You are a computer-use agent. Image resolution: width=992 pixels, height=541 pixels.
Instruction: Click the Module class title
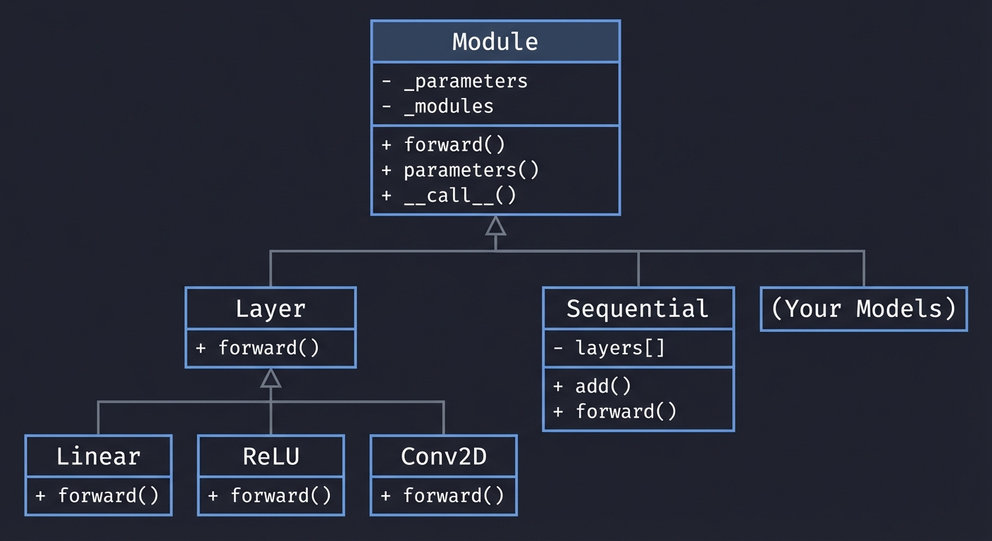click(495, 42)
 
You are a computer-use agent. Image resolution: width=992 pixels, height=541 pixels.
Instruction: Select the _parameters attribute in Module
click(465, 81)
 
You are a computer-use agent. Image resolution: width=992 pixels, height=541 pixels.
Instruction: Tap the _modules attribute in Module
click(448, 106)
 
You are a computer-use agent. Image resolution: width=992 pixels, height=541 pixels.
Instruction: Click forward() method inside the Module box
click(454, 144)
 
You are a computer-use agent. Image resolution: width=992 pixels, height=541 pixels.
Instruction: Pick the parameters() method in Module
click(471, 170)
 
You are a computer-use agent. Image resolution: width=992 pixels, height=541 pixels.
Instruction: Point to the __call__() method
click(459, 195)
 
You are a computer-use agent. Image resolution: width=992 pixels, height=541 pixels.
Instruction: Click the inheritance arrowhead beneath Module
click(495, 225)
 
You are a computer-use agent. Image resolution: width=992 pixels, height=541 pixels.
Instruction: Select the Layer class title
click(271, 309)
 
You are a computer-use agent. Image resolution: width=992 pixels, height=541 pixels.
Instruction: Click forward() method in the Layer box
click(268, 347)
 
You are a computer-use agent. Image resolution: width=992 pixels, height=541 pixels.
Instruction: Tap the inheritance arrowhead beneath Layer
click(271, 378)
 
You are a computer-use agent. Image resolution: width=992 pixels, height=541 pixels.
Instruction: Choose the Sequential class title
click(638, 309)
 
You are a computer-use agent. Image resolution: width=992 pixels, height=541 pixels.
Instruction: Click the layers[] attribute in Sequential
click(619, 347)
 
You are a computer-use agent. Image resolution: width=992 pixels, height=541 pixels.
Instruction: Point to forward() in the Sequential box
click(626, 411)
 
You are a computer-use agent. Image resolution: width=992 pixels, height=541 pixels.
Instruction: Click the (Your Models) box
click(864, 309)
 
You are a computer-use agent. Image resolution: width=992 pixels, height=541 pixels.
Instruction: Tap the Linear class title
click(99, 456)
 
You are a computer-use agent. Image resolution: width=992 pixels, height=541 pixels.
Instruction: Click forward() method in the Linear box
click(108, 495)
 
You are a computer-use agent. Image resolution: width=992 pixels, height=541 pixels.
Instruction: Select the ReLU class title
click(271, 456)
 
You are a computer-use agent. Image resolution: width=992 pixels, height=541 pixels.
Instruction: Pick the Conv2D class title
click(443, 456)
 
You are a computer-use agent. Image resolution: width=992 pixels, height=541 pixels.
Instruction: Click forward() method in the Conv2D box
click(453, 495)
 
